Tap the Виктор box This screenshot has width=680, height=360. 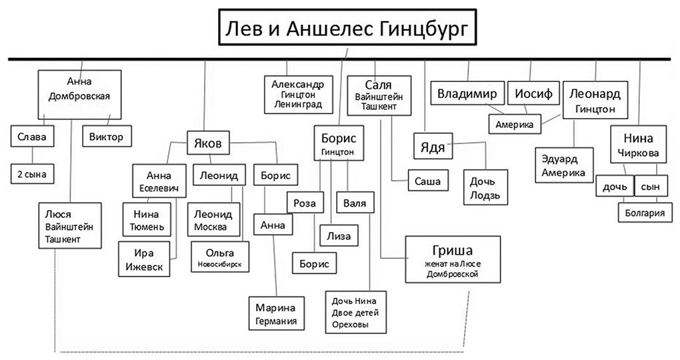point(106,137)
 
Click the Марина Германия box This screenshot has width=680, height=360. point(275,313)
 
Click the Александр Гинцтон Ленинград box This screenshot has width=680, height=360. point(297,95)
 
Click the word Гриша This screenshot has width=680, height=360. point(452,251)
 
